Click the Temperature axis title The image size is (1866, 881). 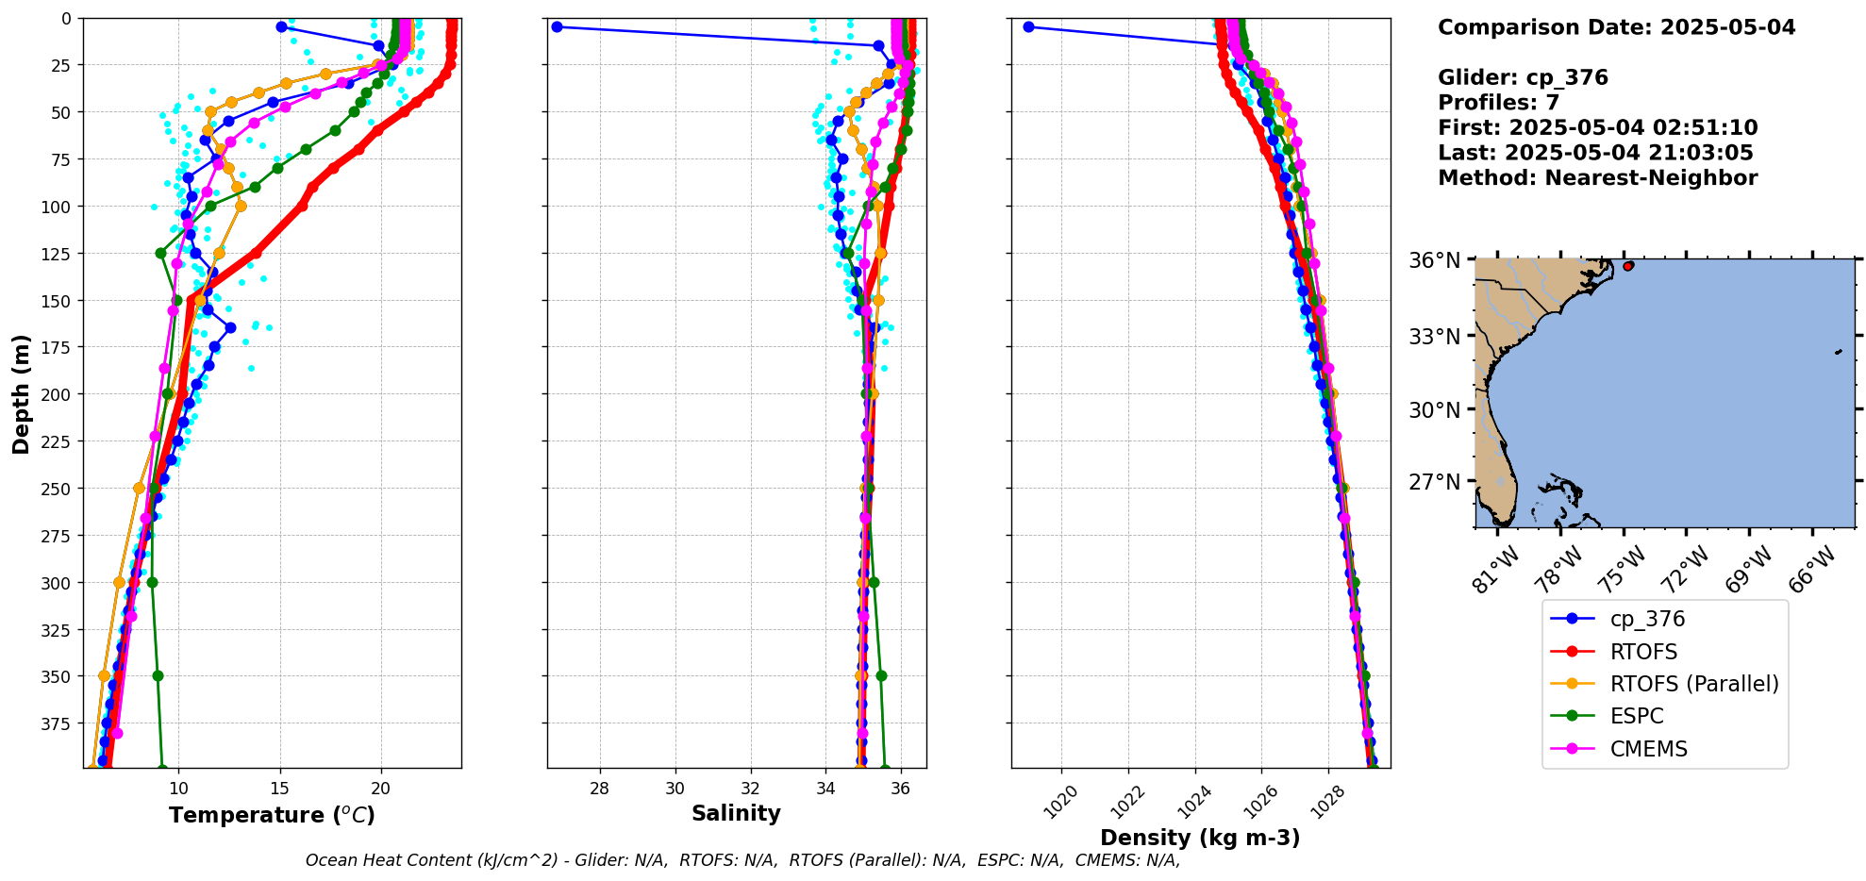coord(272,815)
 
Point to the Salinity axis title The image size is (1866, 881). coord(736,813)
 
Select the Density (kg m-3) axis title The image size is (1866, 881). coord(1200,838)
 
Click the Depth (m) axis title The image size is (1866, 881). coord(21,393)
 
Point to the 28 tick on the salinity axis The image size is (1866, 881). coord(599,789)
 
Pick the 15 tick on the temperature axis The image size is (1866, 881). coord(279,789)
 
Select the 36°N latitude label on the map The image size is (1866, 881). coord(1434,260)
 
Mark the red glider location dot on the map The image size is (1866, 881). coord(1628,267)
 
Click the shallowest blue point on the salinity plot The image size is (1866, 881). coord(557,26)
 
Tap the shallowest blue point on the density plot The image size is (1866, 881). coord(1028,26)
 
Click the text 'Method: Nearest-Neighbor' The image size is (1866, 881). coord(1597,178)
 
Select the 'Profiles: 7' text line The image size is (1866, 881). coord(1498,103)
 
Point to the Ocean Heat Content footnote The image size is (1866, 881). coord(742,860)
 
